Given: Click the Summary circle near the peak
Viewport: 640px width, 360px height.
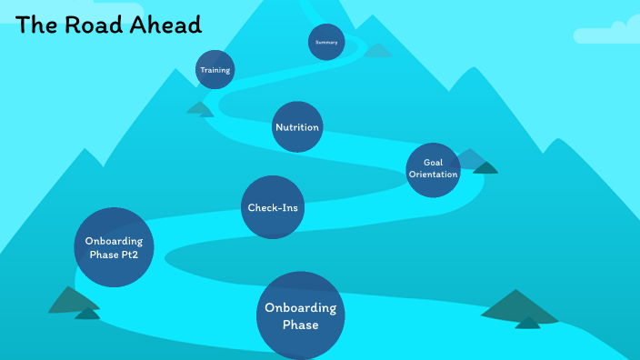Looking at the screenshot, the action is coord(326,42).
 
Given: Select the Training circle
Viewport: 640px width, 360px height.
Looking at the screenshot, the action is coord(215,70).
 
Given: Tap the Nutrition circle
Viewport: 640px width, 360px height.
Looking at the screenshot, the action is coord(297,126).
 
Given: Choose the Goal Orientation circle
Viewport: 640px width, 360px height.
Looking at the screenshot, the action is coord(433,169).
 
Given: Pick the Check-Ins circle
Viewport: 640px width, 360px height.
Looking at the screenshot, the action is coord(273,207).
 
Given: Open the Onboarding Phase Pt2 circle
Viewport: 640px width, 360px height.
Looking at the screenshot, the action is coord(114,247).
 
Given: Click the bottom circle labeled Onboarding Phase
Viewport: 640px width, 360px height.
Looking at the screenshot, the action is coord(301,315).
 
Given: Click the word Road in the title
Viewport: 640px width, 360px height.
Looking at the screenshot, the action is coord(94,25).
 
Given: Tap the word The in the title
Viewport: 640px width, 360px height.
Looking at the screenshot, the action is coord(37,25).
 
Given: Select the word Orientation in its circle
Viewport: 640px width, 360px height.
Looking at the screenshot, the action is coord(433,174).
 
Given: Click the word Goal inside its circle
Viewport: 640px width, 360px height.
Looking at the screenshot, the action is coord(433,162).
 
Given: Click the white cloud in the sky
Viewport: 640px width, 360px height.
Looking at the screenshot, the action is coord(605,34).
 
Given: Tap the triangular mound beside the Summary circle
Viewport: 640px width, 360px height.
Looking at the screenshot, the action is coord(377,50).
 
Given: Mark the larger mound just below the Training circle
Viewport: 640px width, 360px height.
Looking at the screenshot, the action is coord(198,108).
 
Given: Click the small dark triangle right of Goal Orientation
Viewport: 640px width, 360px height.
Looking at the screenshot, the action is coord(485,167).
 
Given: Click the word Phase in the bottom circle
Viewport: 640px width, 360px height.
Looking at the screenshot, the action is coord(301,325).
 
